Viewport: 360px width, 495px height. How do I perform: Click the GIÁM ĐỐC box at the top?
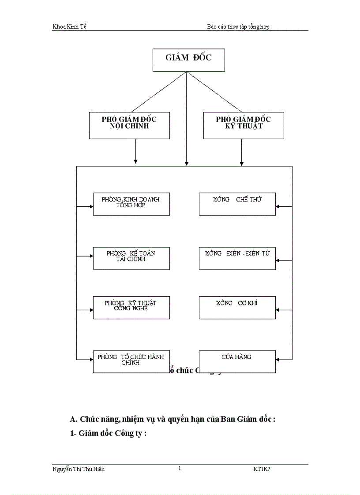pyautogui.click(x=188, y=60)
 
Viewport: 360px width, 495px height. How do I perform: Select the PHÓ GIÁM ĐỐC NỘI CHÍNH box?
pyautogui.click(x=129, y=125)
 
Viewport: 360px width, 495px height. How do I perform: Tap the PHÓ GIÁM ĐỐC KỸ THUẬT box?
pyautogui.click(x=243, y=125)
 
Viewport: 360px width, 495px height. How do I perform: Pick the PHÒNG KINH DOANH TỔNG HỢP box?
pyautogui.click(x=131, y=204)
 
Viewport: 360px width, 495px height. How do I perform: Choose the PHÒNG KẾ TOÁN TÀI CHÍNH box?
pyautogui.click(x=131, y=258)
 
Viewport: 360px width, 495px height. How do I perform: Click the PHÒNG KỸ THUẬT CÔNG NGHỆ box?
pyautogui.click(x=131, y=307)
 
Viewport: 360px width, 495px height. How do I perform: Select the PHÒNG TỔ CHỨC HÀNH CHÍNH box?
pyautogui.click(x=131, y=361)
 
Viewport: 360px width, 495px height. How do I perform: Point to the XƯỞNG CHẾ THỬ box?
pyautogui.click(x=237, y=204)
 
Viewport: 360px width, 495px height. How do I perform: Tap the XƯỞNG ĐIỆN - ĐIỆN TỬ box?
pyautogui.click(x=237, y=258)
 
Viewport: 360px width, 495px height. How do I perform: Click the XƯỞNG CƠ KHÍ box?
pyautogui.click(x=237, y=307)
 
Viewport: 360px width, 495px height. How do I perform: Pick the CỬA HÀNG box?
pyautogui.click(x=237, y=361)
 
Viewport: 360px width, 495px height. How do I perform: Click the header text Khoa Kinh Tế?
pyautogui.click(x=69, y=26)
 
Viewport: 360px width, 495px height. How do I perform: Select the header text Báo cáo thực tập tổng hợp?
pyautogui.click(x=238, y=26)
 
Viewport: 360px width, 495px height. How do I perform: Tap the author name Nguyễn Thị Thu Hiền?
pyautogui.click(x=79, y=469)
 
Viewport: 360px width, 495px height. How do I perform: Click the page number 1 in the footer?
pyautogui.click(x=180, y=469)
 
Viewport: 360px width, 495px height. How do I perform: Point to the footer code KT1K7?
pyautogui.click(x=262, y=469)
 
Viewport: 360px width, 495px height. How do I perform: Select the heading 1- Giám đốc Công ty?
pyautogui.click(x=108, y=433)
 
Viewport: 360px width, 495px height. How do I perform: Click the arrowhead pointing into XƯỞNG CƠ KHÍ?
pyautogui.click(x=278, y=310)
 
